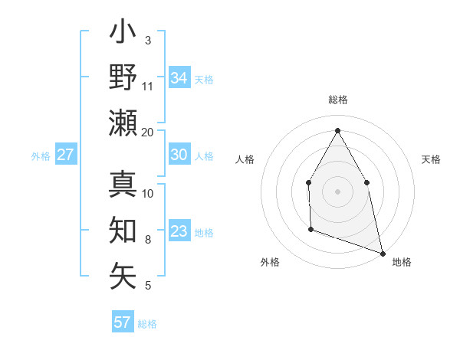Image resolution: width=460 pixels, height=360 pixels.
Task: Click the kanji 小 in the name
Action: click(123, 34)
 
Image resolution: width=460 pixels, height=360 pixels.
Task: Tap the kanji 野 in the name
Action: click(123, 77)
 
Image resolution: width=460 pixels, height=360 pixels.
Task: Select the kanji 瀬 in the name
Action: click(123, 123)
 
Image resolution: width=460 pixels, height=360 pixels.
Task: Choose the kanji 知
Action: click(123, 231)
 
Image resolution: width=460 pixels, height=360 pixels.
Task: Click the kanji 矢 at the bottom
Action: click(123, 275)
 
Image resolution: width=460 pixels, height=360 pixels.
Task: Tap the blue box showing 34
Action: click(179, 77)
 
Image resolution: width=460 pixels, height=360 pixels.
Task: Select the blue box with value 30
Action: click(179, 155)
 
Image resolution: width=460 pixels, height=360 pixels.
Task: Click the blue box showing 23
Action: click(179, 231)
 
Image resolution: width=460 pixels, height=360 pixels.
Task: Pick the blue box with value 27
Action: click(65, 155)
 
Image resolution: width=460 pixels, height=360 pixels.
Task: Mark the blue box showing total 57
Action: click(122, 322)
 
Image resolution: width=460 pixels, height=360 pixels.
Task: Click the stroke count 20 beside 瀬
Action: click(148, 132)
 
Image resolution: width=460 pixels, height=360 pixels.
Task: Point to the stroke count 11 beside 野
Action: click(148, 86)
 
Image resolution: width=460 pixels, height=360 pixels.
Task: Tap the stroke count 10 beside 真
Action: click(148, 193)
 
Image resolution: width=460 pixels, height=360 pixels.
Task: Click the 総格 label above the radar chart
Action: click(337, 100)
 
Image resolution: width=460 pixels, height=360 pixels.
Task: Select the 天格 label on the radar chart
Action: click(431, 159)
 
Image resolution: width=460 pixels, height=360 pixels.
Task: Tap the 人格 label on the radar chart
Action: click(245, 159)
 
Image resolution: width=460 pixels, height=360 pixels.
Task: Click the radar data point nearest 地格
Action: click(382, 251)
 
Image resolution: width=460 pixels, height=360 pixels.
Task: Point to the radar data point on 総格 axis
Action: click(337, 130)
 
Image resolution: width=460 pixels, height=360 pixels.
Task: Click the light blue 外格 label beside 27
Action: click(41, 155)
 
